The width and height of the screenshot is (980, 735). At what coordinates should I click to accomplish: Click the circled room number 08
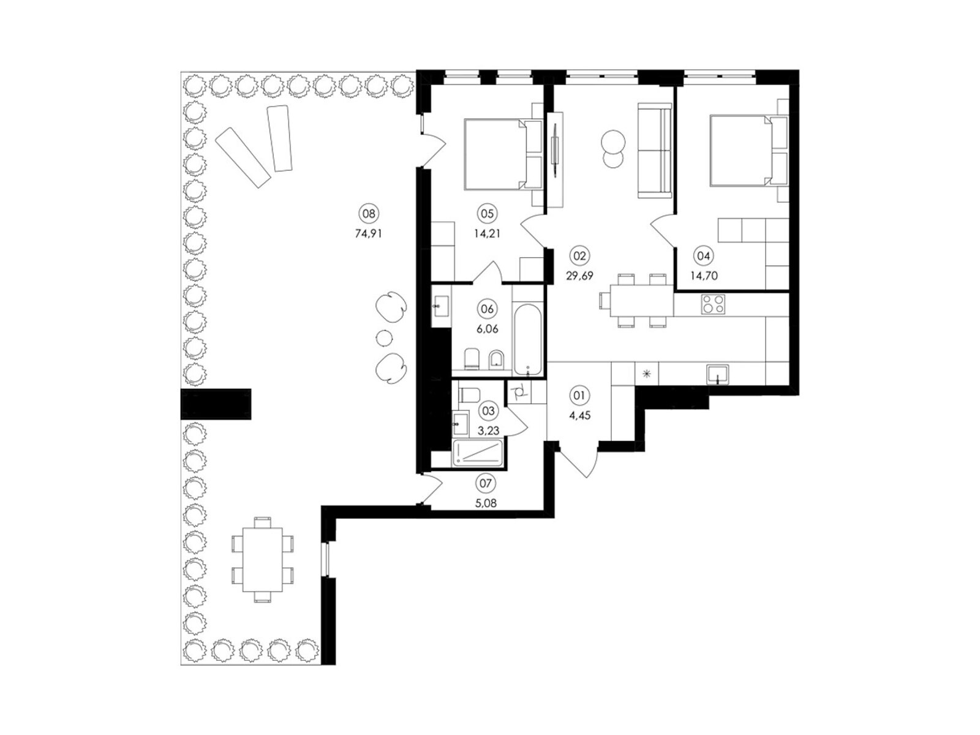[369, 213]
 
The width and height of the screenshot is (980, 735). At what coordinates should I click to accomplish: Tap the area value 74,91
[369, 233]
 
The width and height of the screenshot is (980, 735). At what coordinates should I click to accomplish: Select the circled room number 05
[488, 213]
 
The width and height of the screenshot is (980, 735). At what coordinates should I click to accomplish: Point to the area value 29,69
[579, 276]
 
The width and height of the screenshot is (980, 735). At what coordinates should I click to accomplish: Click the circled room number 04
[703, 256]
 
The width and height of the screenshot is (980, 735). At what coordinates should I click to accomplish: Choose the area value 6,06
[488, 329]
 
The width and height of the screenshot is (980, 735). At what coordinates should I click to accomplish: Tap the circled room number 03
[488, 410]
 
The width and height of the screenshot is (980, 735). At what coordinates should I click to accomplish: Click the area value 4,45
[579, 415]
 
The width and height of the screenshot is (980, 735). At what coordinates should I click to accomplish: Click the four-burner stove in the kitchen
[713, 305]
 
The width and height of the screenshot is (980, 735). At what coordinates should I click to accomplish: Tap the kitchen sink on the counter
[717, 374]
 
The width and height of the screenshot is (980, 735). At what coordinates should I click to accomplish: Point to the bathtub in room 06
[528, 339]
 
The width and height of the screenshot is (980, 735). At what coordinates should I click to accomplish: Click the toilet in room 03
[469, 394]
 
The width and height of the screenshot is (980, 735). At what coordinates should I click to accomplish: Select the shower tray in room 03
[478, 453]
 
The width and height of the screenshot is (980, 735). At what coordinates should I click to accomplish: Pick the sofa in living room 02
[655, 150]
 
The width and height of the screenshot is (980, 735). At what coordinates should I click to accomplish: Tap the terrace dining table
[263, 560]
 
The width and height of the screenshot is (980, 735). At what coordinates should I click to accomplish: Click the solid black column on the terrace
[216, 404]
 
